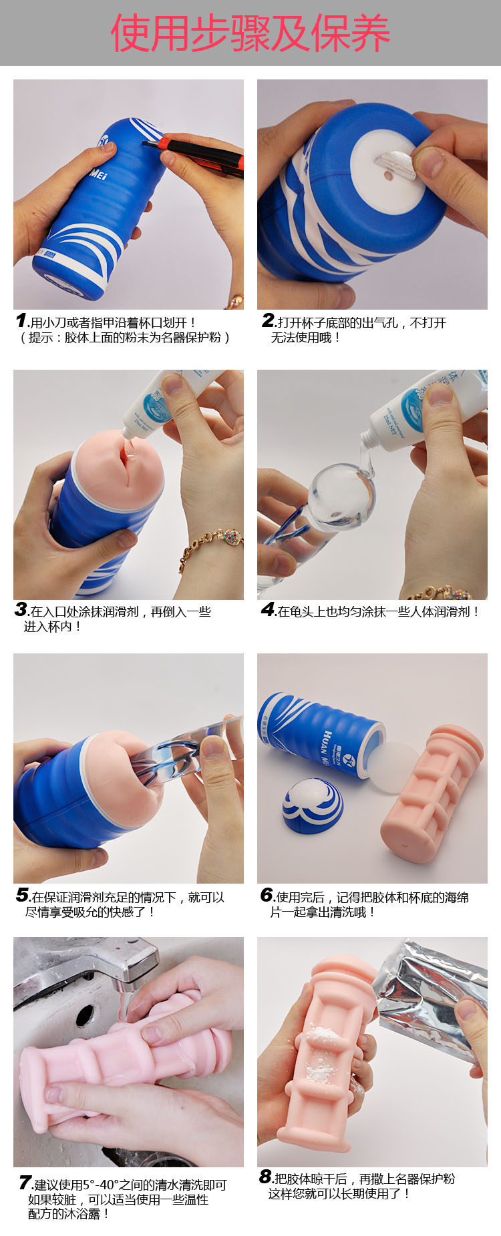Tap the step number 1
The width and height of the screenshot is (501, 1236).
[x=21, y=321]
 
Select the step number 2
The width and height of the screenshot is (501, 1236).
[x=269, y=321]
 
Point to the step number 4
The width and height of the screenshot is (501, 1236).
[x=268, y=609]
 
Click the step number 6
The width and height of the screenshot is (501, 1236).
[x=267, y=895]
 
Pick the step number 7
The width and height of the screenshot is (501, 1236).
[x=25, y=1183]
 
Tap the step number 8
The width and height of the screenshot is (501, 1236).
[x=265, y=1177]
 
